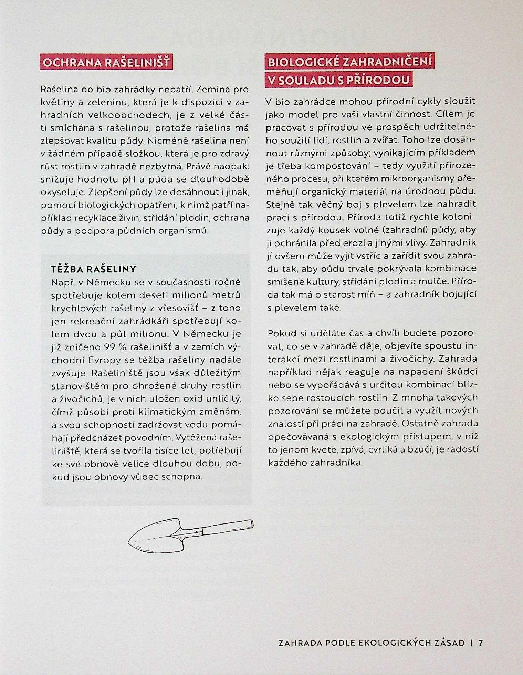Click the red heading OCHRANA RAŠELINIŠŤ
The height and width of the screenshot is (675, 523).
[x=106, y=63]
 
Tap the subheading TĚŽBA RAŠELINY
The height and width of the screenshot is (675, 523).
[x=94, y=269]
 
